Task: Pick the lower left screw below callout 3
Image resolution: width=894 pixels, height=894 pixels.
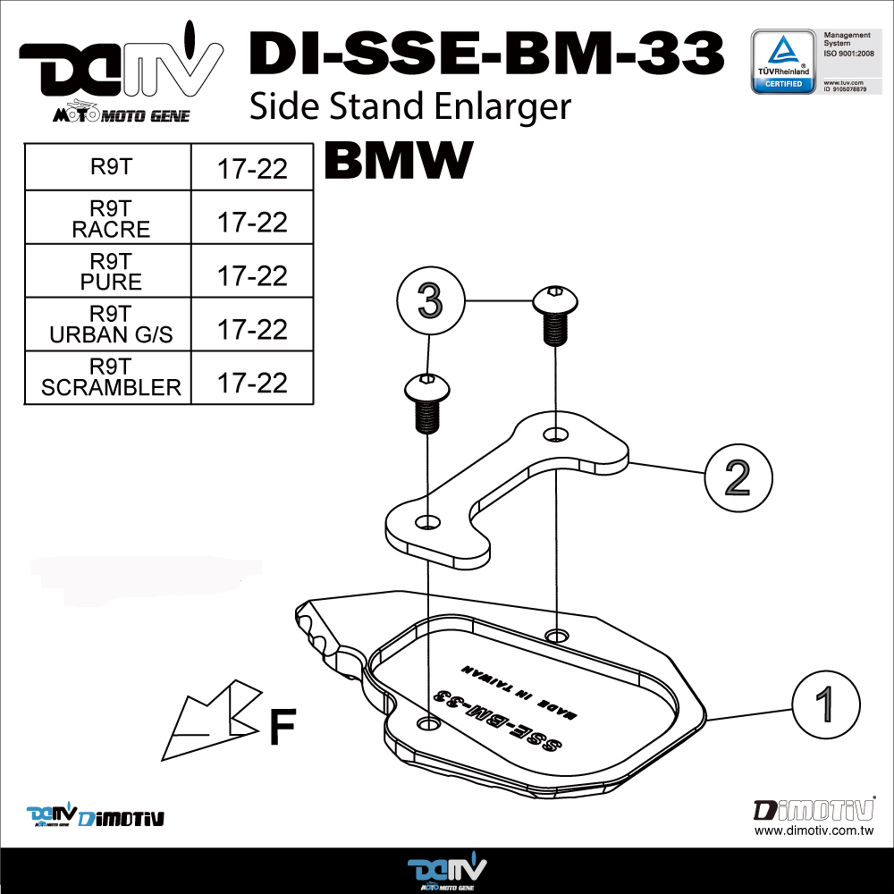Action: [427, 401]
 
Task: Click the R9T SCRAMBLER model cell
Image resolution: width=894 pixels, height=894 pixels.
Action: [111, 377]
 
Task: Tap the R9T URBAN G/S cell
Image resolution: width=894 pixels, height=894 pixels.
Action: [111, 325]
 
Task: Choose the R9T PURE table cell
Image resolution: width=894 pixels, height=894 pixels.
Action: [110, 271]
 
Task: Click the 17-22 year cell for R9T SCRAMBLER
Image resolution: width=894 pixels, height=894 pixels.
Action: [252, 382]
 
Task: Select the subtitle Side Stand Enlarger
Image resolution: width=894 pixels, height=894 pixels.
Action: [409, 106]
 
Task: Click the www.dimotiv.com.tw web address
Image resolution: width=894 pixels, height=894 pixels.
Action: [813, 831]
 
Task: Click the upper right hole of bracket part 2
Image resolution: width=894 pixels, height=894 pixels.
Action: [556, 434]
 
